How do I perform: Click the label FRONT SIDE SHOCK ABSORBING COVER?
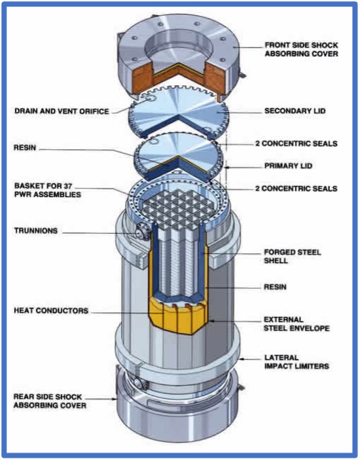click(301, 49)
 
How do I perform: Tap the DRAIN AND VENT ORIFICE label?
click(62, 111)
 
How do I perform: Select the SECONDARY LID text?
click(295, 111)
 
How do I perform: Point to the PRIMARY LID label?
click(288, 166)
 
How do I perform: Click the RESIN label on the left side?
click(25, 147)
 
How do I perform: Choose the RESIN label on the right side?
click(275, 287)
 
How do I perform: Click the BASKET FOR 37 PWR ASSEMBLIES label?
click(47, 190)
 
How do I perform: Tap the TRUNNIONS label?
click(36, 230)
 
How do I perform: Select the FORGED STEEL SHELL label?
click(293, 256)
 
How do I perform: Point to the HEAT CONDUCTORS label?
click(51, 310)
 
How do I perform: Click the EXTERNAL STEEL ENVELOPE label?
click(297, 323)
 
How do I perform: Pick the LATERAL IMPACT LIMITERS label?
click(297, 362)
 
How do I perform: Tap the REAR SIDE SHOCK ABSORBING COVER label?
click(50, 401)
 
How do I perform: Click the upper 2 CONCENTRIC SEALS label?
click(297, 143)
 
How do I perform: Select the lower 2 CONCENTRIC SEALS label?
click(297, 188)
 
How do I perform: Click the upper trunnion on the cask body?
click(141, 232)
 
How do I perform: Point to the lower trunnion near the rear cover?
click(138, 382)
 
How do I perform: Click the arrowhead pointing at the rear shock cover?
click(115, 399)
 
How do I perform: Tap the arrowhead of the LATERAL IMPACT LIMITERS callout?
click(242, 358)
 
